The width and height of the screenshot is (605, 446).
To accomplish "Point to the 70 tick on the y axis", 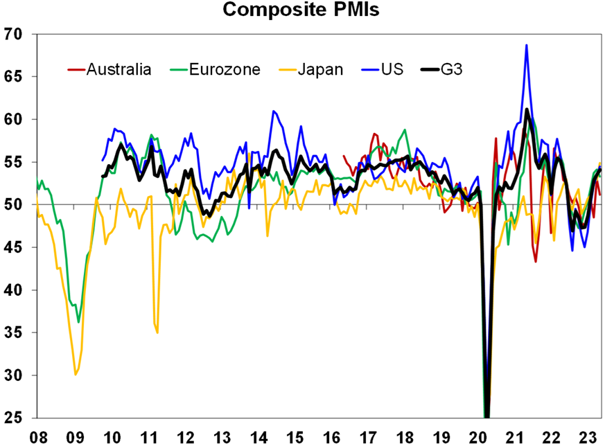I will (x=14, y=34).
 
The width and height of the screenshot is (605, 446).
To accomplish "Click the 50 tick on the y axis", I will (x=14, y=205).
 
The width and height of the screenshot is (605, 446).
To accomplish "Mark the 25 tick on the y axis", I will (x=14, y=418).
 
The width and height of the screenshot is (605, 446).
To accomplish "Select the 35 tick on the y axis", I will (x=14, y=332).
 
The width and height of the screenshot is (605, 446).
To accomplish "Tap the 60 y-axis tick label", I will (x=14, y=120).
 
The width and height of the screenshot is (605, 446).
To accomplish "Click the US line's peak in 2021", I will (x=527, y=45).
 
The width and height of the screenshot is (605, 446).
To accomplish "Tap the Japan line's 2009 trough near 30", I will (x=75, y=375).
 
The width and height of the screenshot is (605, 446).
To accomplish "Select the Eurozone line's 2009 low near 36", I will (x=78, y=322).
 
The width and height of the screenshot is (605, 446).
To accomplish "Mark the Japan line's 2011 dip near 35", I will (x=157, y=332).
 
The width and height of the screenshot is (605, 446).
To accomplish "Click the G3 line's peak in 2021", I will (x=527, y=109).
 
